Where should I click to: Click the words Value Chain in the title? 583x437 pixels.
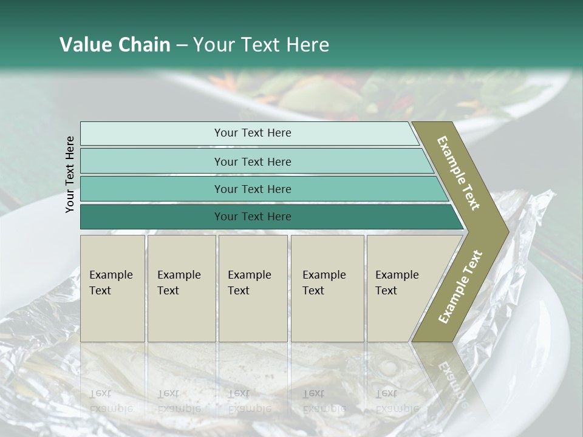tap(115, 45)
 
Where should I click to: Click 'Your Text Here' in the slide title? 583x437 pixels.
tap(261, 45)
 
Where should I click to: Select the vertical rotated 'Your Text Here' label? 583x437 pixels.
tap(70, 174)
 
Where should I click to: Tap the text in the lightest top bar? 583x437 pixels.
tap(253, 133)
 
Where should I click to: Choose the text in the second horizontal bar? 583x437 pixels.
tap(253, 162)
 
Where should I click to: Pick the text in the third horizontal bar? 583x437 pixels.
tap(253, 189)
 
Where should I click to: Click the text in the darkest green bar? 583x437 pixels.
tap(253, 217)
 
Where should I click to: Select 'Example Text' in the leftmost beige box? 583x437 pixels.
tap(111, 283)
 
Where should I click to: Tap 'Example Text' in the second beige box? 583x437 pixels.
tap(179, 283)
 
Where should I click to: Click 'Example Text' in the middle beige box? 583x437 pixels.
tap(249, 283)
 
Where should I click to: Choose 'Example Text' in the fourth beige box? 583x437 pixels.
tap(324, 283)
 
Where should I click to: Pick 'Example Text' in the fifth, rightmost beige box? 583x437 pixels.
tap(397, 283)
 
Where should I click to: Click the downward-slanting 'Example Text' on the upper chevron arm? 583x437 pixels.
tap(459, 173)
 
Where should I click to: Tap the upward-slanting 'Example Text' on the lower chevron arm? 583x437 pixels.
tap(460, 287)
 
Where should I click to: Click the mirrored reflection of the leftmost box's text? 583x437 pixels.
tap(111, 401)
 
